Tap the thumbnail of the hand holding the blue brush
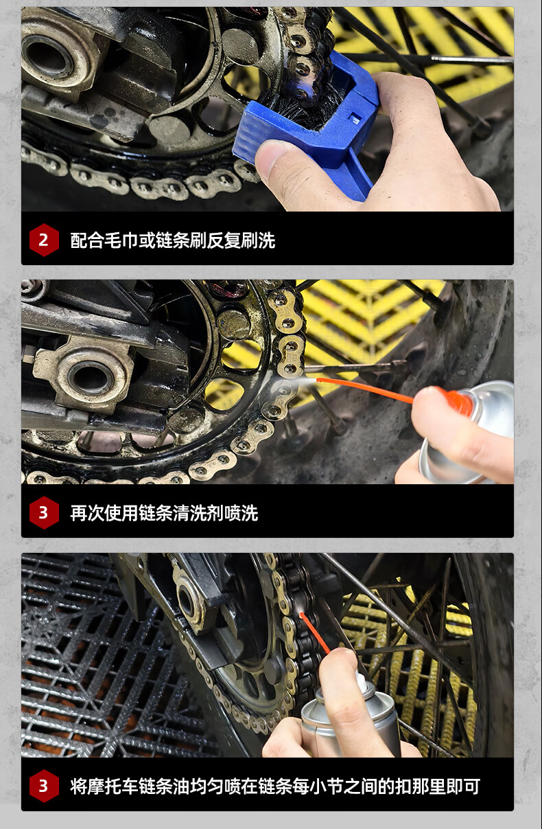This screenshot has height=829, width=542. click(268, 109)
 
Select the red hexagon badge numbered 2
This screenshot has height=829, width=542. click(44, 240)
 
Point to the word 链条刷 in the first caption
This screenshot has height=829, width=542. click(181, 240)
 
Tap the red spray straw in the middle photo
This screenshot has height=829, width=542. click(365, 390)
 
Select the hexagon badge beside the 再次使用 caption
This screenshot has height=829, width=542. click(44, 512)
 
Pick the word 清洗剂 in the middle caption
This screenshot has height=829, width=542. click(198, 513)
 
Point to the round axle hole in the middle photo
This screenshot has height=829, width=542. click(91, 378)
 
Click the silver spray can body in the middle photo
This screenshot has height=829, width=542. click(469, 433)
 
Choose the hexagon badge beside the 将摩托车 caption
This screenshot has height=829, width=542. click(44, 786)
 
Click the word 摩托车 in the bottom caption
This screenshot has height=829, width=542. click(113, 786)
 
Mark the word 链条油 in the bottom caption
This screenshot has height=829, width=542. click(164, 786)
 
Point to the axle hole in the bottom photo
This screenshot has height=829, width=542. click(185, 600)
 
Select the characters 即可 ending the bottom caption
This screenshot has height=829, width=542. click(463, 786)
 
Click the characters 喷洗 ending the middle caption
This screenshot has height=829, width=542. click(241, 513)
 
